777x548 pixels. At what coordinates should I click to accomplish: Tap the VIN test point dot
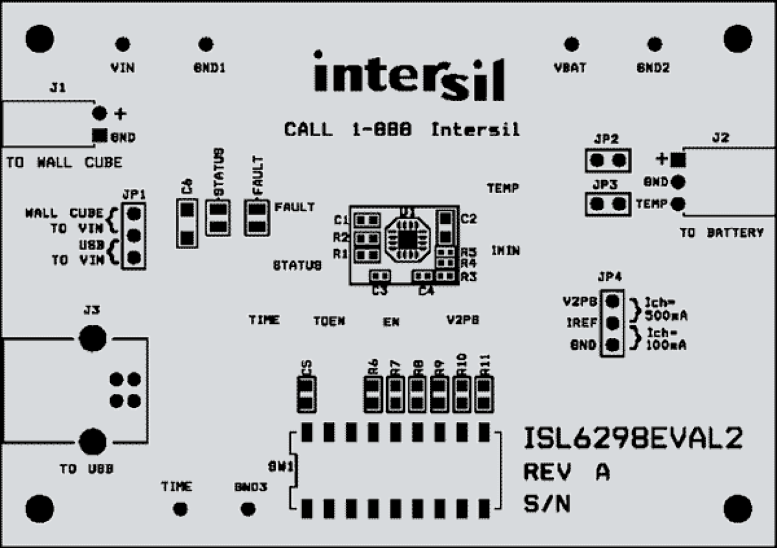tap(122, 45)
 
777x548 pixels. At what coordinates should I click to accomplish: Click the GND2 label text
tap(653, 69)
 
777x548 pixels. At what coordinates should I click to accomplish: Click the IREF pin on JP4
tap(612, 323)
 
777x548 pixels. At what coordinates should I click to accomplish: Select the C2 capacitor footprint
tap(445, 227)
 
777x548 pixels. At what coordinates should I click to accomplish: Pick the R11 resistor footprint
tap(484, 394)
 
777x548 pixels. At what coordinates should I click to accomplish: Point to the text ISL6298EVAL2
tap(632, 439)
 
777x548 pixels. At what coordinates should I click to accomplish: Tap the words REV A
tap(567, 472)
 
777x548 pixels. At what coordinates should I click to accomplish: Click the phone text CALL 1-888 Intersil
tap(401, 130)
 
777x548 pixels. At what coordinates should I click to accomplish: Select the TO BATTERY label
tap(721, 233)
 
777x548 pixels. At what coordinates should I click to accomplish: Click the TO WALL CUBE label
tap(64, 163)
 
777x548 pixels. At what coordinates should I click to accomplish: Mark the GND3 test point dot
tap(248, 509)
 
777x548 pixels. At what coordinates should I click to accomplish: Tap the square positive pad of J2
tap(678, 160)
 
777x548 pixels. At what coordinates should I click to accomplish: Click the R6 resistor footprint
tap(372, 394)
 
